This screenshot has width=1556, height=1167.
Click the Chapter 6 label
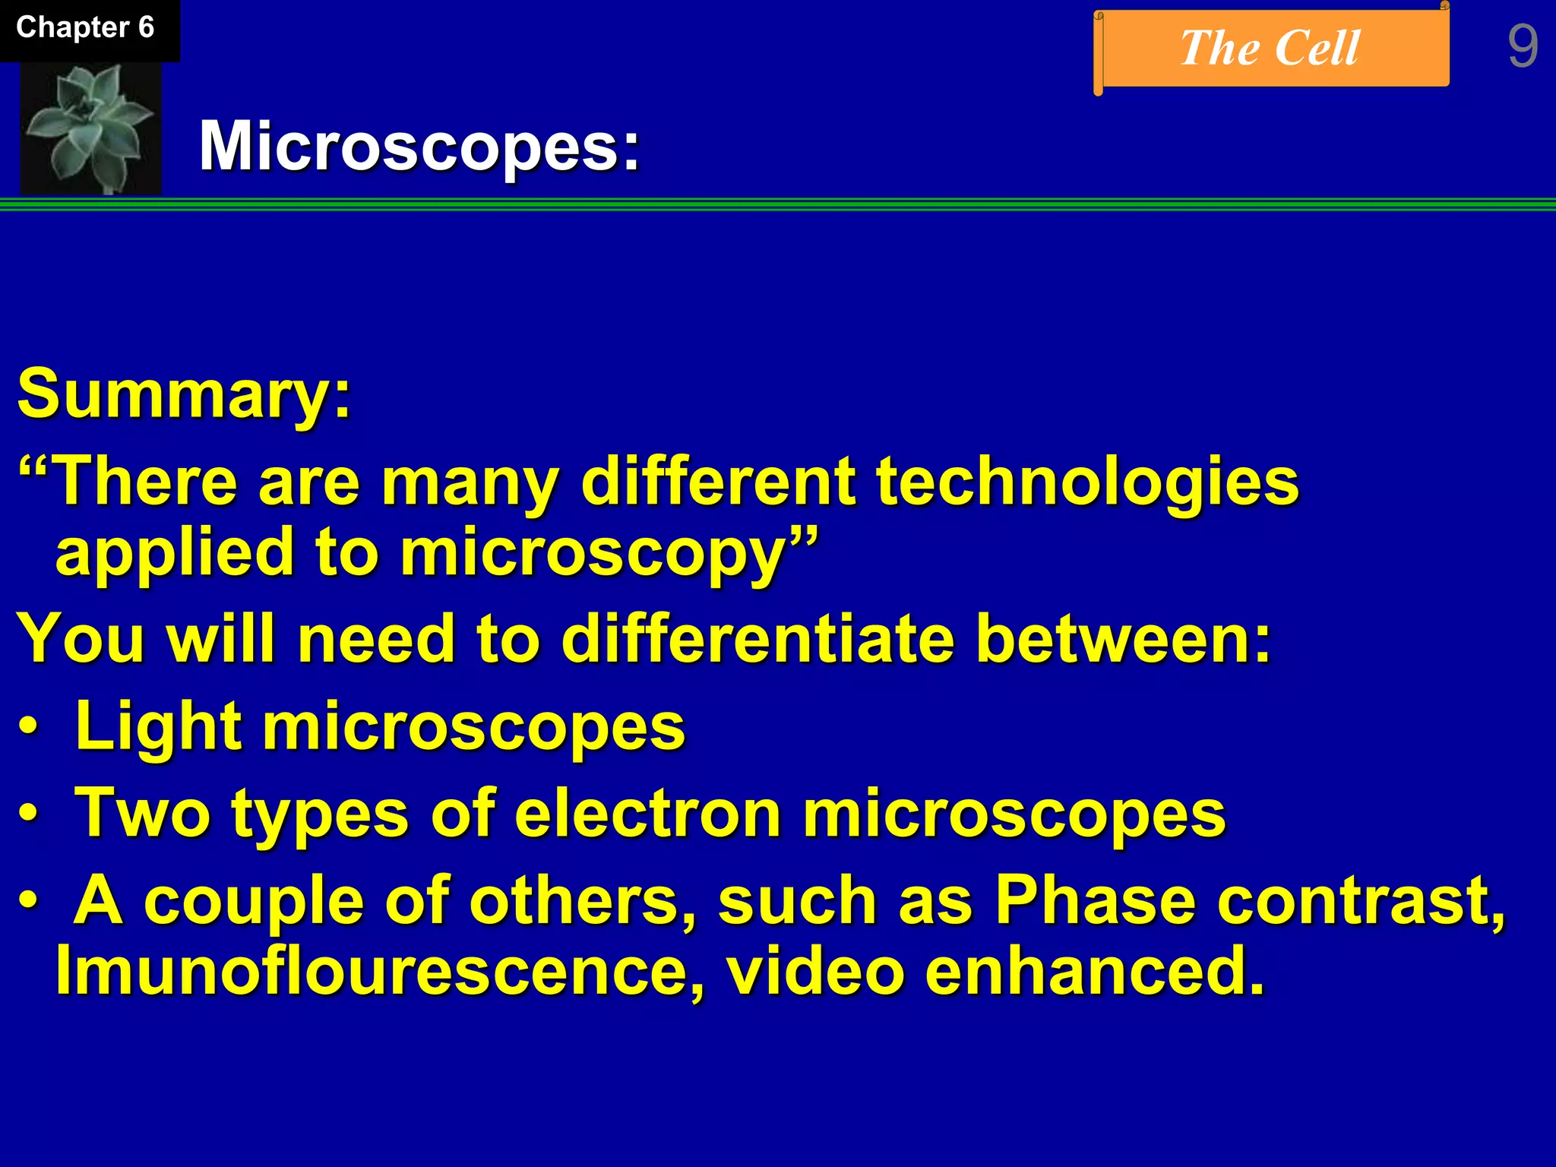click(85, 28)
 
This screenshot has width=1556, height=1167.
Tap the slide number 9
click(1522, 47)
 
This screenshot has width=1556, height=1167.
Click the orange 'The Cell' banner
click(1270, 49)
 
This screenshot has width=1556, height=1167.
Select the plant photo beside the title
click(90, 128)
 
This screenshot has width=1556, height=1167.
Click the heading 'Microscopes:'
click(419, 146)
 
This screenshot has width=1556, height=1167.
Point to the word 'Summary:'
click(185, 394)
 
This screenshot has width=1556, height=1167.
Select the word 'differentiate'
click(757, 640)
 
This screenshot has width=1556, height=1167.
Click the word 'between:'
click(1123, 640)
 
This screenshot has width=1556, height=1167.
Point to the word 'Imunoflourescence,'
click(380, 971)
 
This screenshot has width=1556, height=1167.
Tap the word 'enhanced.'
click(1095, 971)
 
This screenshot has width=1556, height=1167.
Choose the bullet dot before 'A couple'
click(28, 901)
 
